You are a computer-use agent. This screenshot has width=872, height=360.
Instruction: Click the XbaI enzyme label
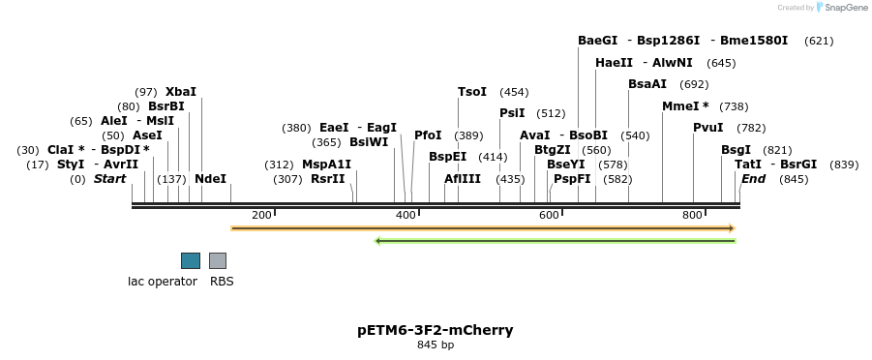(181, 92)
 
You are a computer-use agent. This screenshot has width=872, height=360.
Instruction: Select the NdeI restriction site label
(210, 179)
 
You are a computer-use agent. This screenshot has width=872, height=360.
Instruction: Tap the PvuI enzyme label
(707, 128)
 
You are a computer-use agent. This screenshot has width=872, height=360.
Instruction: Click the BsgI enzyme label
(736, 150)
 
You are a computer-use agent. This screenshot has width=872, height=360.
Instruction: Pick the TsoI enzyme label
(472, 92)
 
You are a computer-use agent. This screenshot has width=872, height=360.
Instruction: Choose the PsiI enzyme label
(512, 113)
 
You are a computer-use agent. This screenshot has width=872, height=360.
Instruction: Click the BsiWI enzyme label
(369, 142)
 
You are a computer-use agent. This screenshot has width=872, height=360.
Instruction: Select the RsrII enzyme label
(327, 179)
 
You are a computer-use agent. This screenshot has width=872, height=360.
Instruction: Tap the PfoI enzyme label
(428, 135)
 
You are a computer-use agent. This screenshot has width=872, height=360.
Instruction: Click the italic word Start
(109, 179)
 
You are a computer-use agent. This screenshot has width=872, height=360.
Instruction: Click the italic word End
(754, 179)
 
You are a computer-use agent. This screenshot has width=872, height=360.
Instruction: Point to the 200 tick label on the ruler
(261, 215)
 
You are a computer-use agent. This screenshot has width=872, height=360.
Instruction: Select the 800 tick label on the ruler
(691, 215)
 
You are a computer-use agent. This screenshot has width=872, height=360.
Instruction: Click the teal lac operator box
(191, 260)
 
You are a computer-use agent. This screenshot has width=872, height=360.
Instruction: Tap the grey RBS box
(218, 260)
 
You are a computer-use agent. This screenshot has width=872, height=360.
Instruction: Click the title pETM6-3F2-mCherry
(436, 330)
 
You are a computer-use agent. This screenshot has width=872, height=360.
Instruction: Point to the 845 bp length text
(436, 345)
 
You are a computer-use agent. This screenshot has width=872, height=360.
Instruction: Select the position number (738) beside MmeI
(734, 106)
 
